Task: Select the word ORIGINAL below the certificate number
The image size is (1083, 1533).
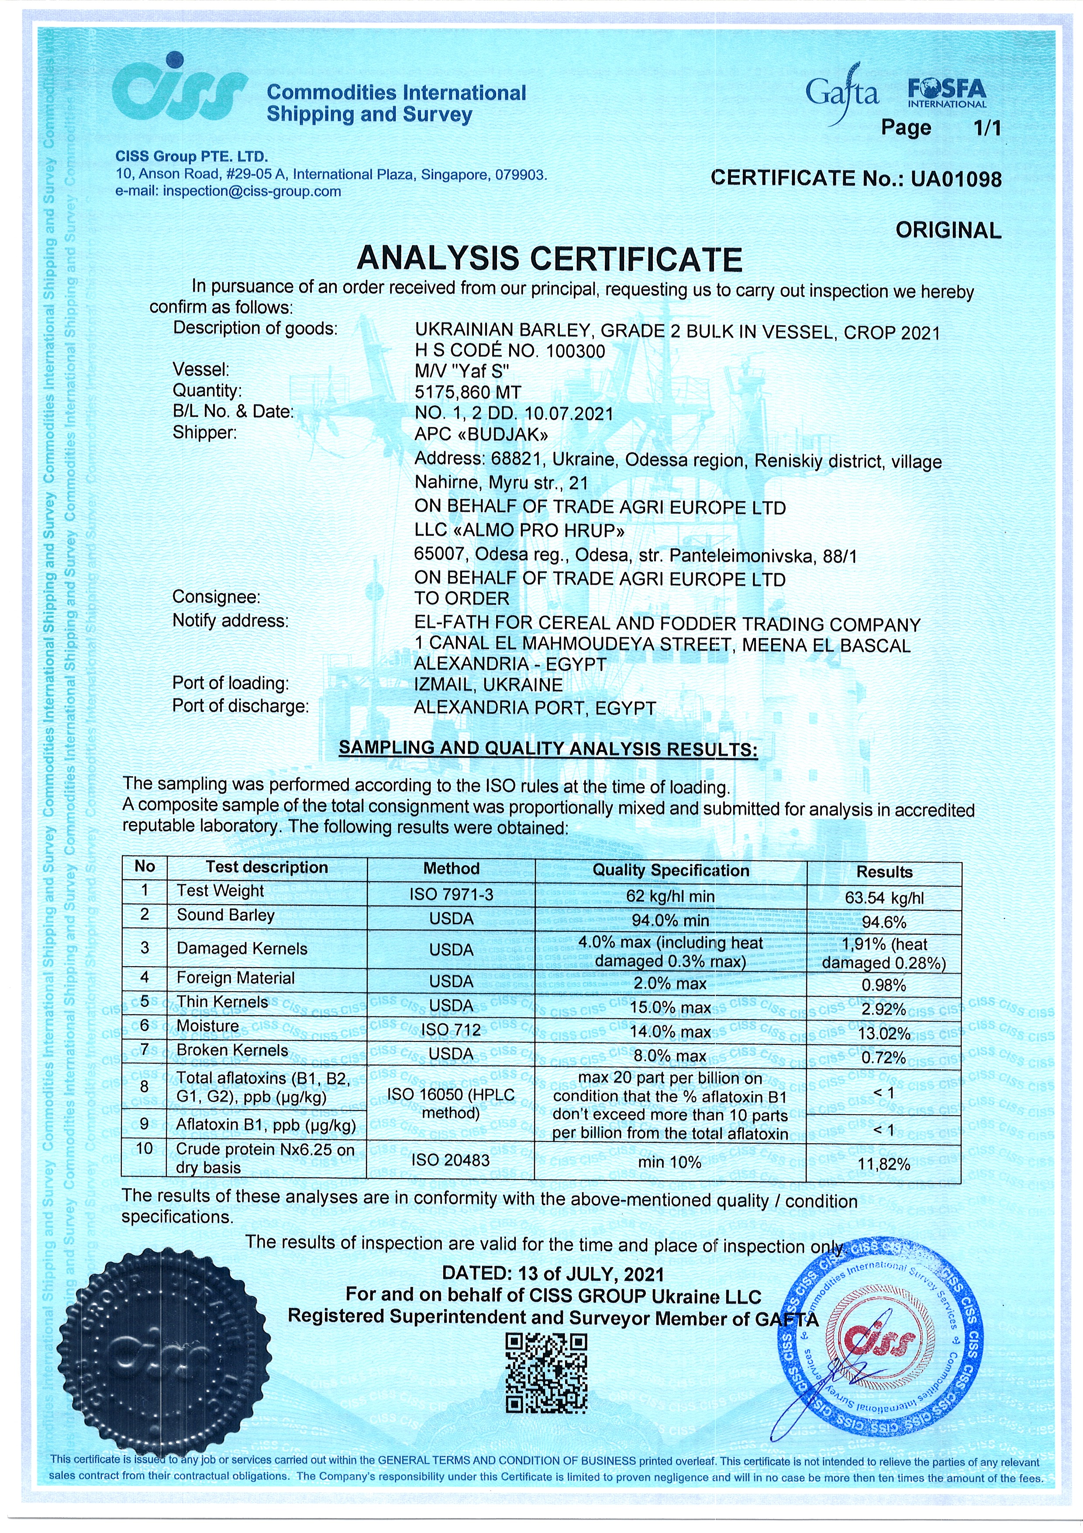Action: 948,230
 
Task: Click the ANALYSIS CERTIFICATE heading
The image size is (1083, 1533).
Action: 549,258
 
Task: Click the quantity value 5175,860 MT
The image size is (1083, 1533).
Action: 467,392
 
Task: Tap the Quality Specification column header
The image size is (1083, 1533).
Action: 671,871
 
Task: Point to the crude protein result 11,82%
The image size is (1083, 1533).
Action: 884,1164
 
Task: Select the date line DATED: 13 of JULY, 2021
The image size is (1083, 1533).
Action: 552,1273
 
